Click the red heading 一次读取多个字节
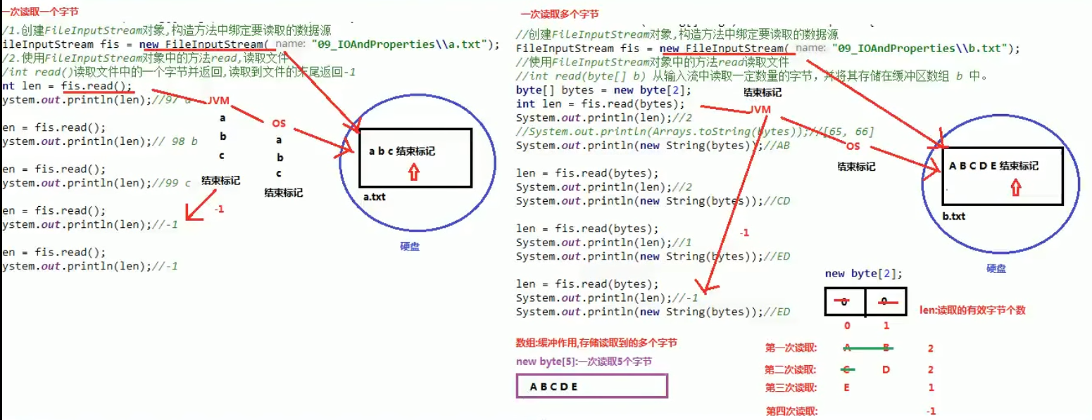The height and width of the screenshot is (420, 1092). tap(560, 15)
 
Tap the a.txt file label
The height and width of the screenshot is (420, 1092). tap(375, 197)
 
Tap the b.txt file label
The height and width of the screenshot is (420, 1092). tap(954, 216)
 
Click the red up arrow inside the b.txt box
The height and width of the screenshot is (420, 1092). tap(1015, 186)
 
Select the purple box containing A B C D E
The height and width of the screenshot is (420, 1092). tap(591, 386)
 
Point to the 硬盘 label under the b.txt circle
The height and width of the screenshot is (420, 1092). tap(996, 268)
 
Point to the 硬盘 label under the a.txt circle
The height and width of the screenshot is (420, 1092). tap(409, 247)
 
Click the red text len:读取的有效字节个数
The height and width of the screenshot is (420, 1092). tap(972, 310)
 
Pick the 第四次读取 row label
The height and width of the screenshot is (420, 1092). tap(792, 412)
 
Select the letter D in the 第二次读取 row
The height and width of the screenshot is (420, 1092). tap(886, 369)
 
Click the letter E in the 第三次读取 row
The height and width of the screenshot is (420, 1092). tap(846, 388)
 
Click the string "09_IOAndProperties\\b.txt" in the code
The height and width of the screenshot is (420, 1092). tap(922, 48)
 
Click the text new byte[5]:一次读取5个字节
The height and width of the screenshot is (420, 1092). tap(584, 362)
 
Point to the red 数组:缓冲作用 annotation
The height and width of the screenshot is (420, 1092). tap(596, 343)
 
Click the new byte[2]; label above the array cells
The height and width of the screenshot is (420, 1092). tap(863, 274)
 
